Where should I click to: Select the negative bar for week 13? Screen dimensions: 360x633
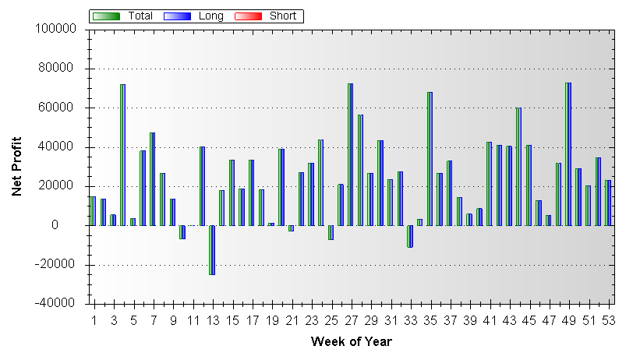click(x=211, y=249)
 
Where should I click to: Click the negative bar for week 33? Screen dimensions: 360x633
click(x=409, y=236)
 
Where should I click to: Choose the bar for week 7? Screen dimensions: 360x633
click(x=152, y=179)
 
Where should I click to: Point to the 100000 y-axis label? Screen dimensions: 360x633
click(x=56, y=29)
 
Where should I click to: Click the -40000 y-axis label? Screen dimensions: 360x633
click(x=56, y=304)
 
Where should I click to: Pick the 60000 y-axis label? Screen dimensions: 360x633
click(x=59, y=108)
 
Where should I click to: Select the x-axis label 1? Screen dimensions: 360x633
click(x=94, y=320)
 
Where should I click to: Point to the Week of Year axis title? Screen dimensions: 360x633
click(x=351, y=342)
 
